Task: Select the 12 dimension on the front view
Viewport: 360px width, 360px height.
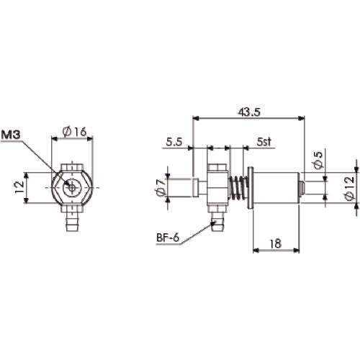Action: [20, 189]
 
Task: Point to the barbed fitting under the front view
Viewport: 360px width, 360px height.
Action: [72, 219]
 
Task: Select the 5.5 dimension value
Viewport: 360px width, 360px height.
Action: [173, 143]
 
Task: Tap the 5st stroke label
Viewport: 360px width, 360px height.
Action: [264, 143]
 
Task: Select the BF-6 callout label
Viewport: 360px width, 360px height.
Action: [168, 237]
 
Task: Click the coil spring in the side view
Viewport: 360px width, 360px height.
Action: [236, 190]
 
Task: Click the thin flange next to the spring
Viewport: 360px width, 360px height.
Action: [250, 190]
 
